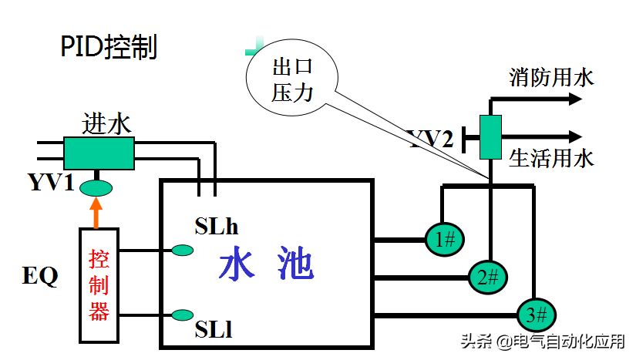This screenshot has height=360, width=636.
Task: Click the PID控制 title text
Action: coord(109,47)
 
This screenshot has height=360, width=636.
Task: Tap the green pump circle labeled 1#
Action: coord(445,240)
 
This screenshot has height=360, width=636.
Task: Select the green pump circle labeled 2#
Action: coord(488,276)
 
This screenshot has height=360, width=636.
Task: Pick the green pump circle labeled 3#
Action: coord(536,314)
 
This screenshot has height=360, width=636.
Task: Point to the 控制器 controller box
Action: coord(99,284)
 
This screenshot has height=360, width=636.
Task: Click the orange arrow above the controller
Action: coord(96,212)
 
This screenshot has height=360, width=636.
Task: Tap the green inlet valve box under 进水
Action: coord(99,153)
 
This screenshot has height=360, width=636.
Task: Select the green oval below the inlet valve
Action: coord(96,187)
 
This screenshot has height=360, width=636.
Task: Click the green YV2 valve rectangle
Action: coord(490,136)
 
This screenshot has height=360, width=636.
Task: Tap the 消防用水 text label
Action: coord(551,77)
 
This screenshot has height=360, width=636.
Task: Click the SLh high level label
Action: coord(217,227)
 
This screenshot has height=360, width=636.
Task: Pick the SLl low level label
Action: coord(214,331)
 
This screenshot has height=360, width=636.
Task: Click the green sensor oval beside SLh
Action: coord(183,250)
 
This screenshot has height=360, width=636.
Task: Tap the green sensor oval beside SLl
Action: coord(183,315)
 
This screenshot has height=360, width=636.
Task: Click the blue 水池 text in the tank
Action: coord(266,265)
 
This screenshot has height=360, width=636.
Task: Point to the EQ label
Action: coord(40,276)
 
